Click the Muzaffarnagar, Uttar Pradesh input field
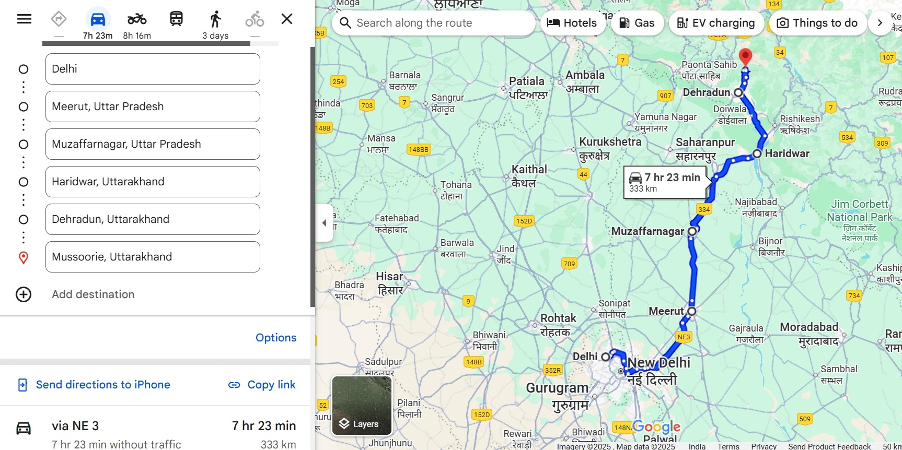pos(152,144)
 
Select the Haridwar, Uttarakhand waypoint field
pos(152,182)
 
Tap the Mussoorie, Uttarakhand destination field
pos(152,257)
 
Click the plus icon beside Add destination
pos(24,294)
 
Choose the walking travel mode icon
pos(215,20)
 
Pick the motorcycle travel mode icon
pos(137,20)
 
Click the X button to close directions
pos(287,19)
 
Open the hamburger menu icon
pos(25,19)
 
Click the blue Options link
pos(276,338)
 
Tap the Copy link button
pos(262,385)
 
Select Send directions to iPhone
pos(95,385)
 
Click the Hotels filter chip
pos(572,23)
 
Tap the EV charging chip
pos(715,23)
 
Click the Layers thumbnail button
pos(362,406)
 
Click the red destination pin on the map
pos(745,56)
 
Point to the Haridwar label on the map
pos(787,153)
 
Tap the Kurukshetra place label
pos(610,142)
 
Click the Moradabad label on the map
pos(809,327)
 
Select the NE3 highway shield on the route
pos(684,337)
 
